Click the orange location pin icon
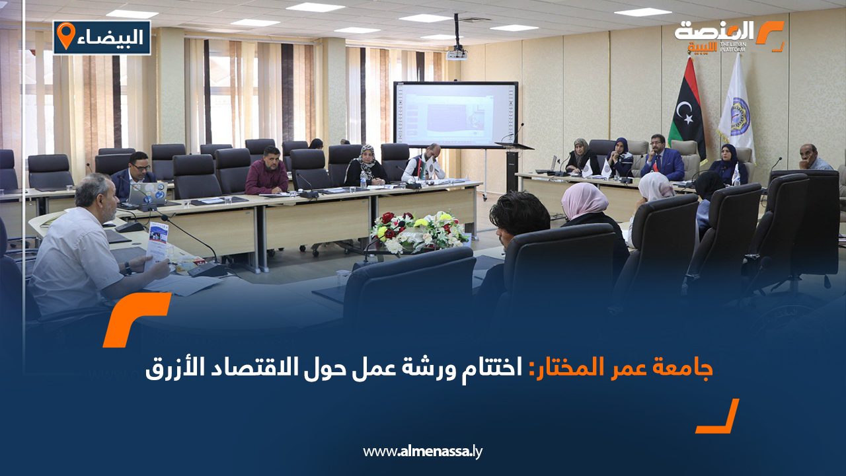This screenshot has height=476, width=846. pyautogui.click(x=65, y=36)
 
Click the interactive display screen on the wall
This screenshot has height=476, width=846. pyautogui.click(x=455, y=114)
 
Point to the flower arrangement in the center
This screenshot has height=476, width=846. pyautogui.click(x=419, y=231)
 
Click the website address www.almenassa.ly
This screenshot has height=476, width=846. pyautogui.click(x=423, y=452)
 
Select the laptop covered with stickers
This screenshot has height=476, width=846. pyautogui.click(x=146, y=194)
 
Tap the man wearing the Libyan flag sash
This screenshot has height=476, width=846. pyautogui.click(x=425, y=165)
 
